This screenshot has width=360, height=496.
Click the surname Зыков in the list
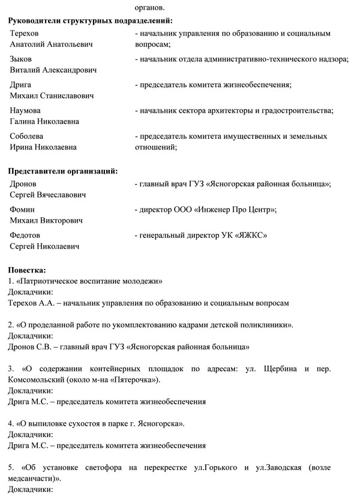tap(22, 59)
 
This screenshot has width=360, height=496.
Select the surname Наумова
tap(26, 110)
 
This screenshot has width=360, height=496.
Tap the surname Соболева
tap(27, 136)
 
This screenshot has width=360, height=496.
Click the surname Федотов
tap(26, 235)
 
